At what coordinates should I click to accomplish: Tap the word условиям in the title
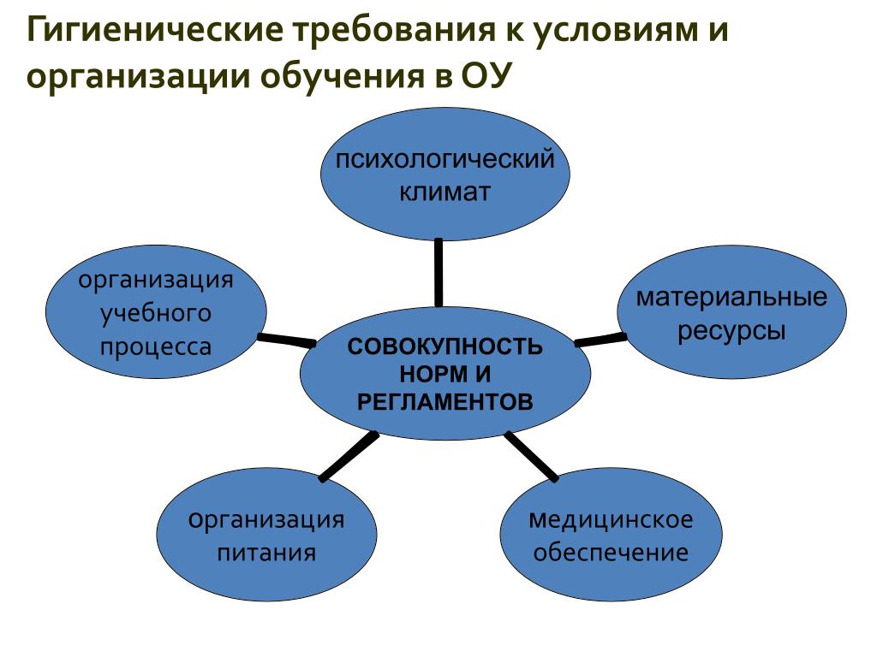click(x=617, y=32)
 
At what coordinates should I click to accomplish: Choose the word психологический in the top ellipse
click(x=444, y=160)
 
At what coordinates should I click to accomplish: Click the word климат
click(x=444, y=191)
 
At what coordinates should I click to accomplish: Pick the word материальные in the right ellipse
click(x=731, y=298)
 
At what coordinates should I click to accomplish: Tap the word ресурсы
click(x=731, y=330)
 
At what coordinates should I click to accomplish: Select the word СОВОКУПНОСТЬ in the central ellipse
click(x=444, y=346)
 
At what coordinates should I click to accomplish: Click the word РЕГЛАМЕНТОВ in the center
click(x=444, y=401)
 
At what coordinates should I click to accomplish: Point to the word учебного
click(x=155, y=314)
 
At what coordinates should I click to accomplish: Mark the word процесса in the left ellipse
click(x=155, y=346)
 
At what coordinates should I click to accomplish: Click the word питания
click(x=266, y=553)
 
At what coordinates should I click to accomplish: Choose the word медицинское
click(x=611, y=519)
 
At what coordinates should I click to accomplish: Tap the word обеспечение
click(x=611, y=553)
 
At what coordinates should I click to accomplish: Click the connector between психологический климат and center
click(x=438, y=272)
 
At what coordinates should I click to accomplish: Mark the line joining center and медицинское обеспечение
click(x=532, y=456)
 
